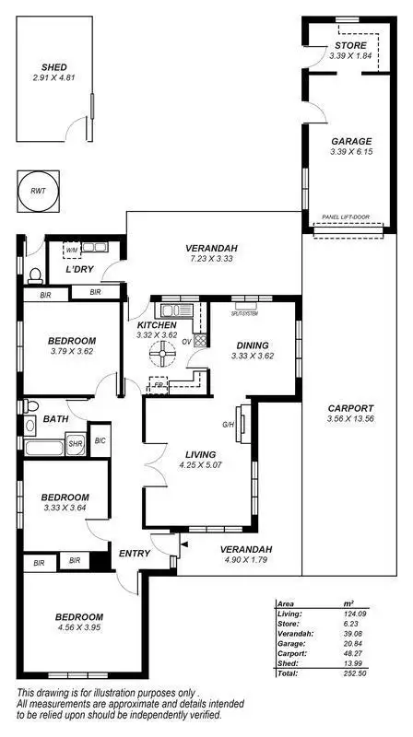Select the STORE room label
(x=349, y=45)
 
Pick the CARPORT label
(x=351, y=408)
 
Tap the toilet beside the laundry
(x=35, y=275)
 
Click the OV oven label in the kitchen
(x=187, y=340)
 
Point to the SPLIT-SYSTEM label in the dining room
(x=244, y=314)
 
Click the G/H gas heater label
(x=228, y=425)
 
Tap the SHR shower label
(x=76, y=444)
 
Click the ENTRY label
(x=136, y=554)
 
